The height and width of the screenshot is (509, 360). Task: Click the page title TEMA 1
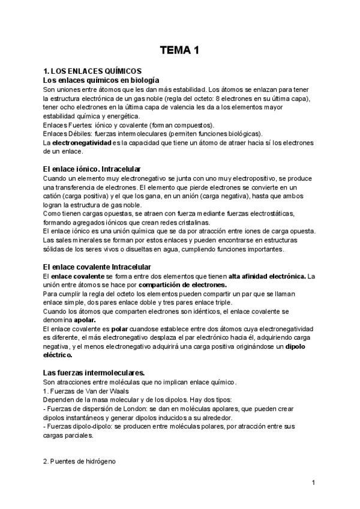[x=179, y=52]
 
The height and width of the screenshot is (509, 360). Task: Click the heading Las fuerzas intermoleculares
[x=95, y=373]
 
